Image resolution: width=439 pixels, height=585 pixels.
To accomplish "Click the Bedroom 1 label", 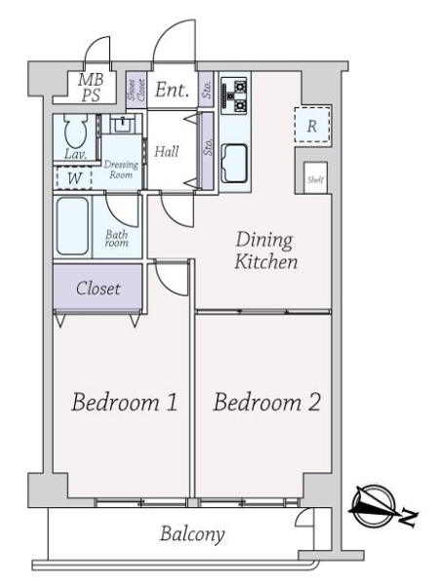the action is [124, 402].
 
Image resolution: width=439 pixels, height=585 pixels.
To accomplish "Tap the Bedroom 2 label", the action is [266, 402].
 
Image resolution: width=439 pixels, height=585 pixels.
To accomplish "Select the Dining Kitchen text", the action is [265, 251].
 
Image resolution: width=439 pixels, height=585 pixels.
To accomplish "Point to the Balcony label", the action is [192, 534].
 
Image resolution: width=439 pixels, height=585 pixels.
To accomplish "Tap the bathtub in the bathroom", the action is [72, 226].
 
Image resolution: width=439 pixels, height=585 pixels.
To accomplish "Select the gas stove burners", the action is [234, 96].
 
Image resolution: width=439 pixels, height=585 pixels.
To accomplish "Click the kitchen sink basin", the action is [234, 163].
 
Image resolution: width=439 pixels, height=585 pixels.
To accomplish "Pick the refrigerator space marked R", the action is [312, 125].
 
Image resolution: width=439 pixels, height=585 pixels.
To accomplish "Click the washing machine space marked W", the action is [74, 178].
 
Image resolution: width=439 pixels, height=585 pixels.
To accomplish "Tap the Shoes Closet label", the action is [136, 90].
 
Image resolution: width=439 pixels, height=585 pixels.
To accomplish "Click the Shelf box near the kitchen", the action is [315, 178].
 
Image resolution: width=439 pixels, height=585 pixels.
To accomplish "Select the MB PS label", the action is [91, 88].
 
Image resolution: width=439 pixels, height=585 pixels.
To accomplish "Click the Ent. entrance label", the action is [172, 90].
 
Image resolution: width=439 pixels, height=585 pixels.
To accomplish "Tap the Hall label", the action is [167, 151].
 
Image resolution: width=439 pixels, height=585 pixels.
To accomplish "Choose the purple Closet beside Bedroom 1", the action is [98, 287].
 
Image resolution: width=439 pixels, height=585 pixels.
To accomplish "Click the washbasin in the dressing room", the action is [122, 124].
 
